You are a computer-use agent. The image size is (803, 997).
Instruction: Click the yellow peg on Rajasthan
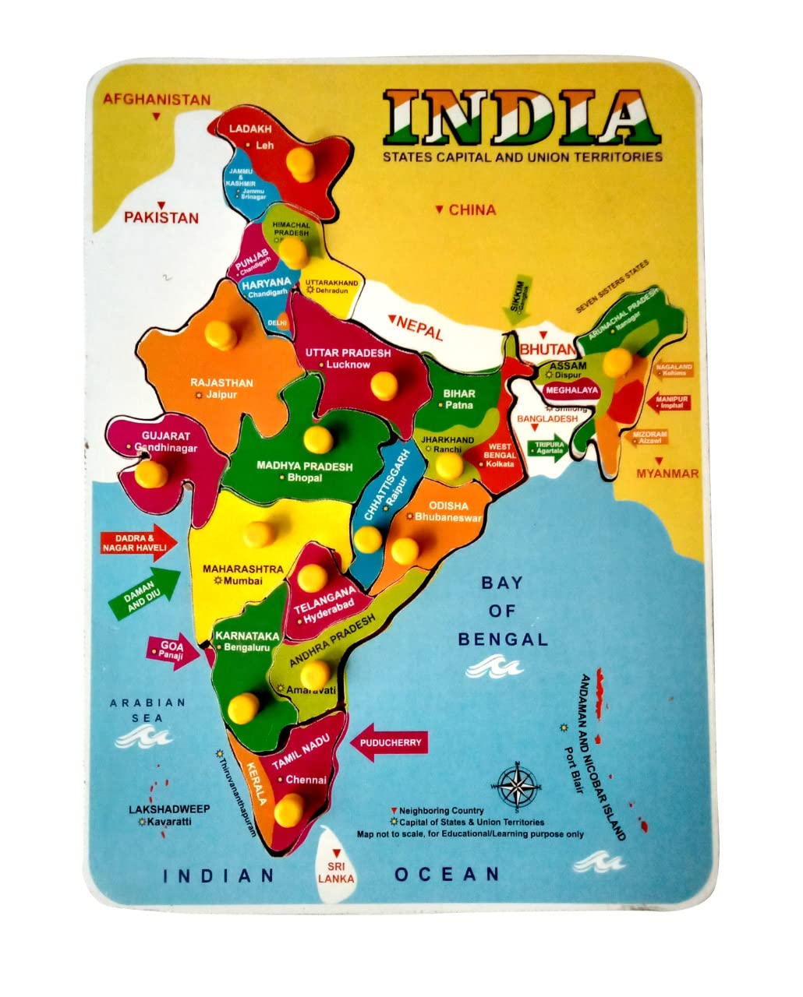click(x=221, y=334)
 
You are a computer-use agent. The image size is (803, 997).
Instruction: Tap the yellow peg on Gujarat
click(x=151, y=473)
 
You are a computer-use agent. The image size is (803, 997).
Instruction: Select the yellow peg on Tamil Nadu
click(x=289, y=808)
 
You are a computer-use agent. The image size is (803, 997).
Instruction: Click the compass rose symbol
click(x=517, y=782)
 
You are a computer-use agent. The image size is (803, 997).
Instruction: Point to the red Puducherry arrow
click(x=389, y=742)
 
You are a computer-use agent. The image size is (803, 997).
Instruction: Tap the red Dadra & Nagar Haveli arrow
click(x=138, y=543)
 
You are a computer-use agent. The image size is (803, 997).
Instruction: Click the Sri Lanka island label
click(x=336, y=872)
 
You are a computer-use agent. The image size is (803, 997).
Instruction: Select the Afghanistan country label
click(x=157, y=100)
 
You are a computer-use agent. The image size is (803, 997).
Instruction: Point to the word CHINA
click(x=472, y=210)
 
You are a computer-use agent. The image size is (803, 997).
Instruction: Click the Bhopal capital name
click(x=304, y=477)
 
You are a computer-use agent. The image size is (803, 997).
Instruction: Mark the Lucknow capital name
click(x=348, y=365)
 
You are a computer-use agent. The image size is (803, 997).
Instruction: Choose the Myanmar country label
click(x=667, y=474)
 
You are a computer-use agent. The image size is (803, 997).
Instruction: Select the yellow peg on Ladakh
click(x=298, y=164)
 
